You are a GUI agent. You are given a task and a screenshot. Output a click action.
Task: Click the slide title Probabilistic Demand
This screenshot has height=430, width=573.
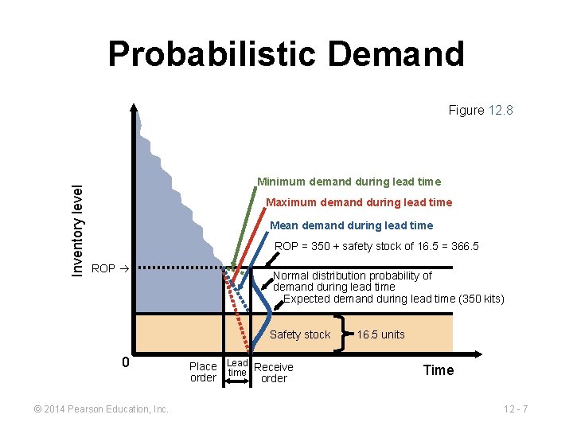[286, 54]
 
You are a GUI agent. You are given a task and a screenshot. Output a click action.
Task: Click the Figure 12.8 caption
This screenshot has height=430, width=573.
[480, 110]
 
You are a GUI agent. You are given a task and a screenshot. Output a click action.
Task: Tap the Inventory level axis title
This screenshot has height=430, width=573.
[77, 230]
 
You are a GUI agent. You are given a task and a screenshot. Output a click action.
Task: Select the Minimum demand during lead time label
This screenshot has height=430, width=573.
[349, 182]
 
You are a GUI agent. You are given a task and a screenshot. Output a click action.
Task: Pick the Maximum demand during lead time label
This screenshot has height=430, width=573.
[358, 202]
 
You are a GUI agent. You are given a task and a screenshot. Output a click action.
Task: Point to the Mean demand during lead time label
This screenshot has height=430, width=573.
[352, 225]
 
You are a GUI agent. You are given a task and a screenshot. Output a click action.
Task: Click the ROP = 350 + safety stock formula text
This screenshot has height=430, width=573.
[376, 246]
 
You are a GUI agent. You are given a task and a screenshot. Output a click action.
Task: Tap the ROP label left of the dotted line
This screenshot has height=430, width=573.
[104, 268]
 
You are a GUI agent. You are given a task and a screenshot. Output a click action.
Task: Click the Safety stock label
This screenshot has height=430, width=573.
[299, 334]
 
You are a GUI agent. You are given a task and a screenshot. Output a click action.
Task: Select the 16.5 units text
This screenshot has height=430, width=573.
[380, 334]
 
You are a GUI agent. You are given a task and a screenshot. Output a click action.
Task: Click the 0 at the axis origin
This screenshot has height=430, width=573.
[125, 363]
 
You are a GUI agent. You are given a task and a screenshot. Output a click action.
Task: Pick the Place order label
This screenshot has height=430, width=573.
[203, 372]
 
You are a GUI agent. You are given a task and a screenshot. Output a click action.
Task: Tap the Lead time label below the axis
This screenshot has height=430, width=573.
[237, 367]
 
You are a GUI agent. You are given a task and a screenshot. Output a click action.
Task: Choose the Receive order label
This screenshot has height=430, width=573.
[274, 373]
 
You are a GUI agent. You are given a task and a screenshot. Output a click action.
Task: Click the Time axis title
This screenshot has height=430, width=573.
[439, 370]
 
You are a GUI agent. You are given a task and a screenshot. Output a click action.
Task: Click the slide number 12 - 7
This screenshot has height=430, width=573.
[516, 409]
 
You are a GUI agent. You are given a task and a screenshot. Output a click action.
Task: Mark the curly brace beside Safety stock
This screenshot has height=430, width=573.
[345, 333]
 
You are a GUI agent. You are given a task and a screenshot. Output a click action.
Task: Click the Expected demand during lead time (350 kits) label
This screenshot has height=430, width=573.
[394, 299]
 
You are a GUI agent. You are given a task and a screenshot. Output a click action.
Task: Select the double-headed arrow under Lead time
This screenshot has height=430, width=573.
[237, 382]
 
